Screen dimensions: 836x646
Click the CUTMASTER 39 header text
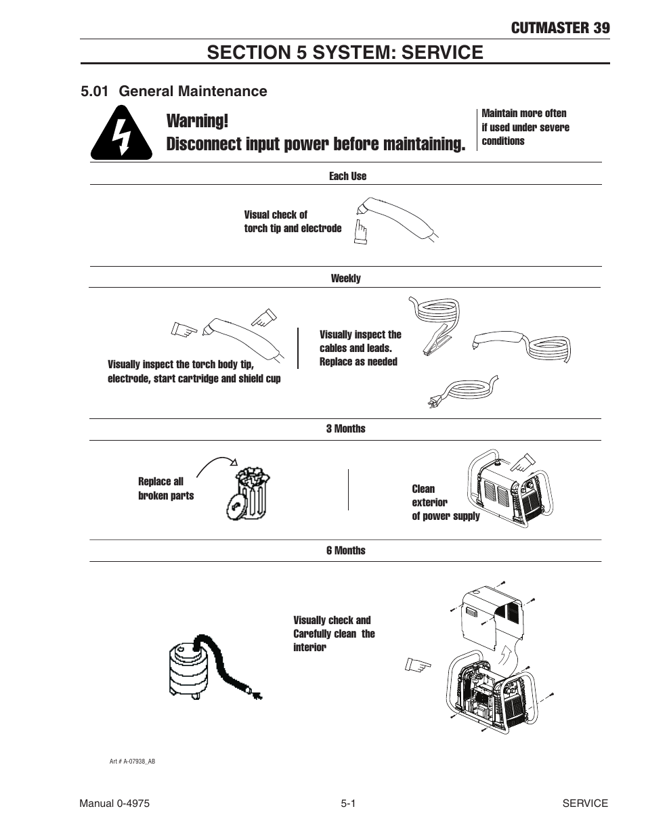[x=560, y=28]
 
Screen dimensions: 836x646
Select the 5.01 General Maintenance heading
[x=173, y=91]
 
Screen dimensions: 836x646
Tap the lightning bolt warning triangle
[x=122, y=134]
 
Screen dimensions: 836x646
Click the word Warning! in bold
[x=197, y=121]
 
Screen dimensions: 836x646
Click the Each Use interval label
[x=347, y=176]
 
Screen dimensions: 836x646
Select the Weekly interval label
[x=345, y=278]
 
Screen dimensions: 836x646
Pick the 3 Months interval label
[x=345, y=428]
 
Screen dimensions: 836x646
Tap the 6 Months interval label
[x=345, y=550]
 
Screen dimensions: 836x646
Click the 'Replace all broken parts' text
[x=166, y=489]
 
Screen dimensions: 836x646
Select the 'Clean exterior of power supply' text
[x=445, y=502]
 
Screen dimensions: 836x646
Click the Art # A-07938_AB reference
[x=132, y=762]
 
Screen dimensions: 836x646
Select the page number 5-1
[x=348, y=804]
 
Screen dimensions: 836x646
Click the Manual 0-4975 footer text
[x=114, y=804]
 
